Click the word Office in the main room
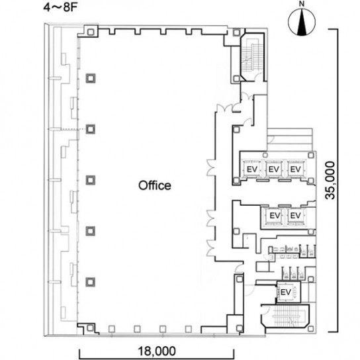click(154, 185)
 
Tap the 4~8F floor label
click(60, 7)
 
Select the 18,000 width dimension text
click(157, 351)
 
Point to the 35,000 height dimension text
click(330, 181)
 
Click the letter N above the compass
click(302, 4)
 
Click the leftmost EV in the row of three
click(252, 169)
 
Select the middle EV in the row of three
click(274, 169)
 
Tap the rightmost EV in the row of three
click(296, 169)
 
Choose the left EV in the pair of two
click(275, 216)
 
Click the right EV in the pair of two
click(296, 216)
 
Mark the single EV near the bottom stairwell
click(286, 292)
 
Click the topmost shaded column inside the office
click(91, 79)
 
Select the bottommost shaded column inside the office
click(90, 282)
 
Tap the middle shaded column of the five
click(91, 180)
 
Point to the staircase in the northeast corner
click(251, 57)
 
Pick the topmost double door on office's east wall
click(211, 167)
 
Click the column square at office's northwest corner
click(91, 32)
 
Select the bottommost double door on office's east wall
click(211, 248)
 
